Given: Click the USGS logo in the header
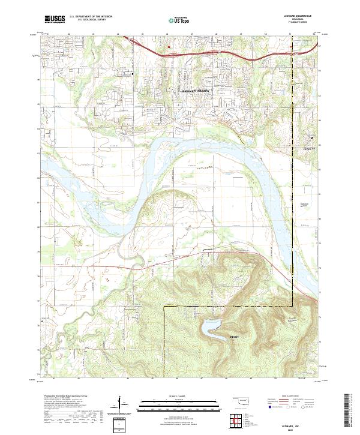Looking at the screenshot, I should click(55, 20).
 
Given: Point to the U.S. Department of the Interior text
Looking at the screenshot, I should click(91, 17).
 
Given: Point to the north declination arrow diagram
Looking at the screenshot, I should click(120, 404).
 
